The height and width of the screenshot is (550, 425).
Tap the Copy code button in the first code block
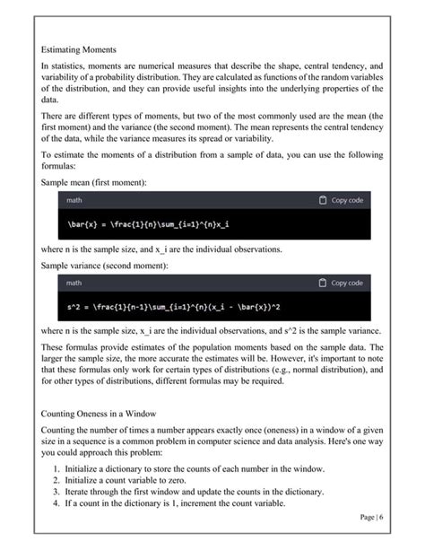(342, 200)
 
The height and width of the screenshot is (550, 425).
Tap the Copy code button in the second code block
(342, 283)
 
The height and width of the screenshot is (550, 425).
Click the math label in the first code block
(74, 200)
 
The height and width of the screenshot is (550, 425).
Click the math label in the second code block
(74, 283)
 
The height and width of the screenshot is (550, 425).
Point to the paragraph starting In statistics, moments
(212, 83)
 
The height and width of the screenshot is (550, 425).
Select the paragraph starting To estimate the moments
(212, 161)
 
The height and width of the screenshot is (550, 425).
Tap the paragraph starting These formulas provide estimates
(212, 364)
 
